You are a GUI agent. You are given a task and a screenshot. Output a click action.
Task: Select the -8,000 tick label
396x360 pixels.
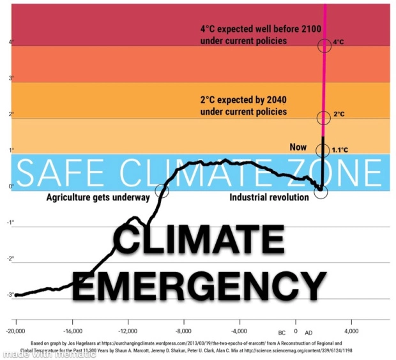click(x=184, y=332)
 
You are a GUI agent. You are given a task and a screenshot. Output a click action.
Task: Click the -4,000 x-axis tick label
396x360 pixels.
click(x=240, y=332)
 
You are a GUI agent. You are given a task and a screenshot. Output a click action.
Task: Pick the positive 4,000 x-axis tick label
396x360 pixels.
click(x=352, y=332)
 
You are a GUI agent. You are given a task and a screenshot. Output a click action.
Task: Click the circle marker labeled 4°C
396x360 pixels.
click(x=324, y=44)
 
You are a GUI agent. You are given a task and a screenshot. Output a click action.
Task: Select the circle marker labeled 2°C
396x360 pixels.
click(x=324, y=117)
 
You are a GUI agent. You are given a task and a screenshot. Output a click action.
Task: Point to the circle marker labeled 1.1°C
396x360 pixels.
click(x=324, y=151)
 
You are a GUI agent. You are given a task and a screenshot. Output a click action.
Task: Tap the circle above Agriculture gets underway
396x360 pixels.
click(x=162, y=188)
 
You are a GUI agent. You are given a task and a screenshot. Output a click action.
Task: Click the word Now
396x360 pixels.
click(x=298, y=147)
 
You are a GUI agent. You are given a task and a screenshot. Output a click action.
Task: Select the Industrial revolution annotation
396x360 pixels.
click(x=269, y=197)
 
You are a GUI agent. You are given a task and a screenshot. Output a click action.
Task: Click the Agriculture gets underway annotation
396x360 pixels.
click(x=98, y=197)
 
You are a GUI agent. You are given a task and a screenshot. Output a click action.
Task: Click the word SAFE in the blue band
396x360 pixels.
click(x=61, y=172)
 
